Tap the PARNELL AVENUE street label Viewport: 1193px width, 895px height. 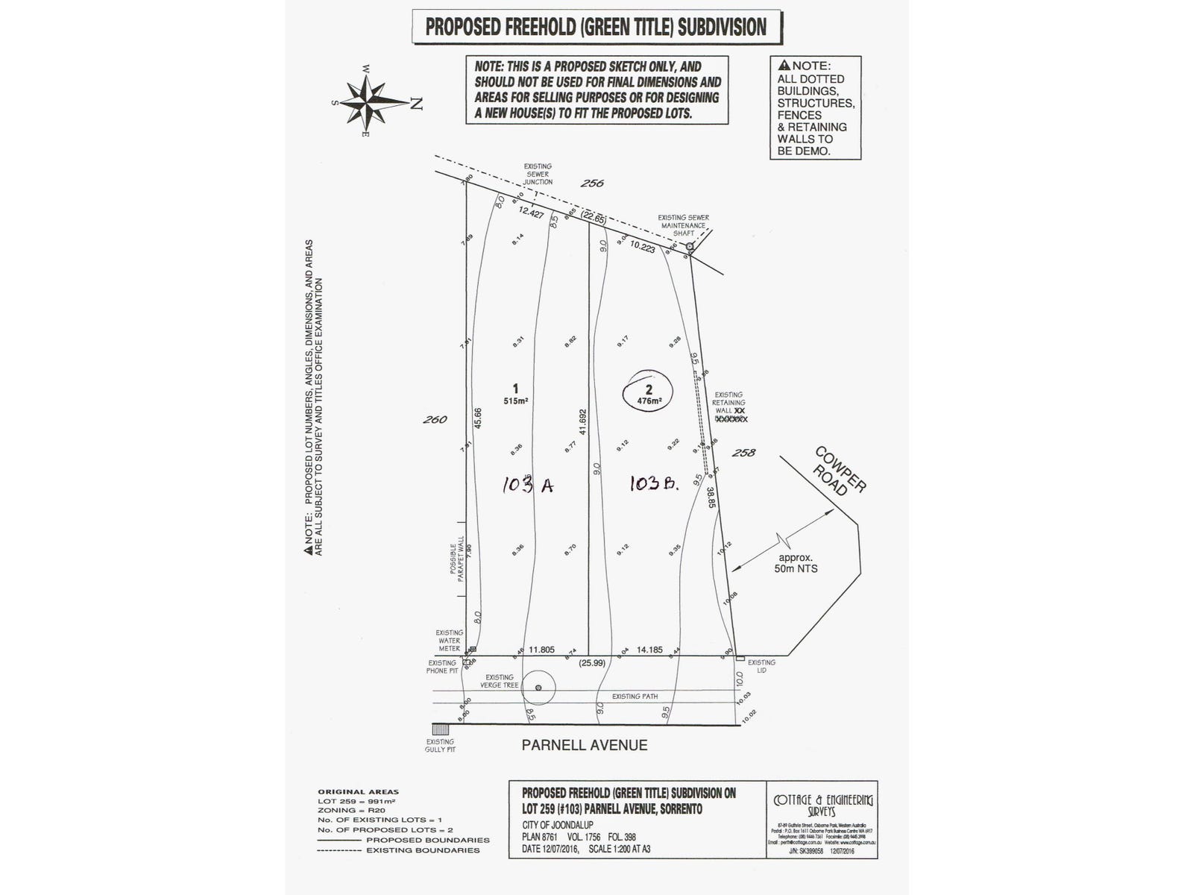(584, 744)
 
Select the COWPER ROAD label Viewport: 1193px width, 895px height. (840, 471)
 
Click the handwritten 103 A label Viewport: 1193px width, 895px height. (527, 485)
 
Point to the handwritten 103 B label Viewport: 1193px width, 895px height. (653, 484)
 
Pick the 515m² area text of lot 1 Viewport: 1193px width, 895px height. (515, 401)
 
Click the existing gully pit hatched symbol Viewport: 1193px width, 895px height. (440, 729)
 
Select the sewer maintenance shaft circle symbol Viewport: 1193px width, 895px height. (690, 245)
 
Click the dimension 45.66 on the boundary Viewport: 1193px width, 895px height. (478, 418)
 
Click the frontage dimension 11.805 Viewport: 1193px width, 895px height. (541, 650)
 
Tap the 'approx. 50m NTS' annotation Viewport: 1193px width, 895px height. (797, 562)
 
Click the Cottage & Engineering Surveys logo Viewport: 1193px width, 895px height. (822, 805)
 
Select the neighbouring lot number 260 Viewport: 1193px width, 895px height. (435, 419)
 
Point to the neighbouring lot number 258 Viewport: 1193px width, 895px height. (744, 453)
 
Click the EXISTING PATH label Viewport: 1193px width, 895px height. (635, 696)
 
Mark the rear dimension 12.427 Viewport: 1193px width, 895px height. (532, 213)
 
